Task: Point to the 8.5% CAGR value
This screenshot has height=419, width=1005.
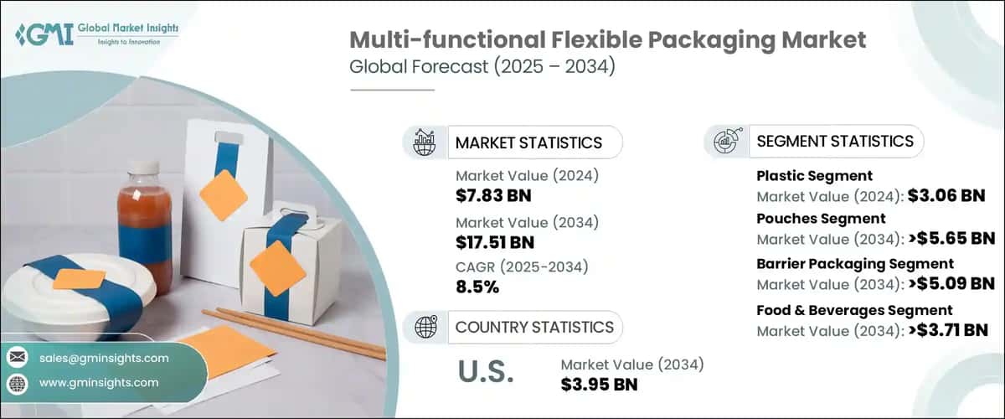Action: [477, 287]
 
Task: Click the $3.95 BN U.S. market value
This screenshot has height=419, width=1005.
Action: [599, 384]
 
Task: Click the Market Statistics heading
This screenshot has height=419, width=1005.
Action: [528, 142]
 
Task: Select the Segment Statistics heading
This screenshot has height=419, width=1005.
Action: [834, 141]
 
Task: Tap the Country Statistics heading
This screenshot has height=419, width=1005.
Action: [533, 327]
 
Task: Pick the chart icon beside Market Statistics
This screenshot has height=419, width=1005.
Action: [424, 142]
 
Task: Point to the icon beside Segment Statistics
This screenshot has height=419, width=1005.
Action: [725, 142]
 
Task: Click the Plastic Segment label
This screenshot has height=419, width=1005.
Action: [814, 176]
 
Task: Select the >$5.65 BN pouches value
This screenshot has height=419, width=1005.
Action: [951, 239]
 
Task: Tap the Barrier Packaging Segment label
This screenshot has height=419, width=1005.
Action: [854, 264]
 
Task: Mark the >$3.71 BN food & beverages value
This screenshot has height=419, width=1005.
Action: [951, 331]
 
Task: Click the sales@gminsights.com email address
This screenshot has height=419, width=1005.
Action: [104, 358]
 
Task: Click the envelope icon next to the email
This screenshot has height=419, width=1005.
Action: [17, 358]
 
